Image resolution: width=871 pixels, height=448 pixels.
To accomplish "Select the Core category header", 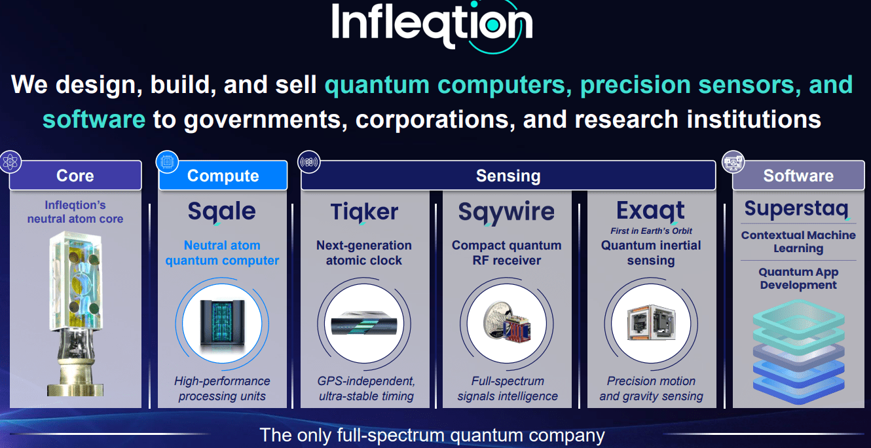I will tap(75, 176).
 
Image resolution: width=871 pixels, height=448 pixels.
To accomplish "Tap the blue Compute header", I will tap(223, 176).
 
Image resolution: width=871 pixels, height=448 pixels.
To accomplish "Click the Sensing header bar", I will tap(508, 176).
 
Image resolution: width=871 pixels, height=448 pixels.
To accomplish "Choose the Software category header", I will tap(798, 176).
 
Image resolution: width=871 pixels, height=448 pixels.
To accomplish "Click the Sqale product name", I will tap(222, 212).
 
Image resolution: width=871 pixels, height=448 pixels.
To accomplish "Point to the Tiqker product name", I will tap(364, 212).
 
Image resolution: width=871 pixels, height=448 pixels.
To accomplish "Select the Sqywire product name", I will tap(506, 212).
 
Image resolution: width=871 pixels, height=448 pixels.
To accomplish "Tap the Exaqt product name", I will tap(650, 211).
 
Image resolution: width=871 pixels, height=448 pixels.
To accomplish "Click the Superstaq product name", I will tap(796, 209).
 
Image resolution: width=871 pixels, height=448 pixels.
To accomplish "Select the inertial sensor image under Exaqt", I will tap(650, 323).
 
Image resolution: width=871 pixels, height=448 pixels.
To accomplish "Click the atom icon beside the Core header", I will tap(11, 161).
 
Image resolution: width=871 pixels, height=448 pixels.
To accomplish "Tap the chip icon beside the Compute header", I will tap(166, 161).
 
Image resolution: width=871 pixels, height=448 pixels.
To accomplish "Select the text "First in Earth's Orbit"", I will tap(651, 231).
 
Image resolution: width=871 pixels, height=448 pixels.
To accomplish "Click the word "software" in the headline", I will tap(94, 119).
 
